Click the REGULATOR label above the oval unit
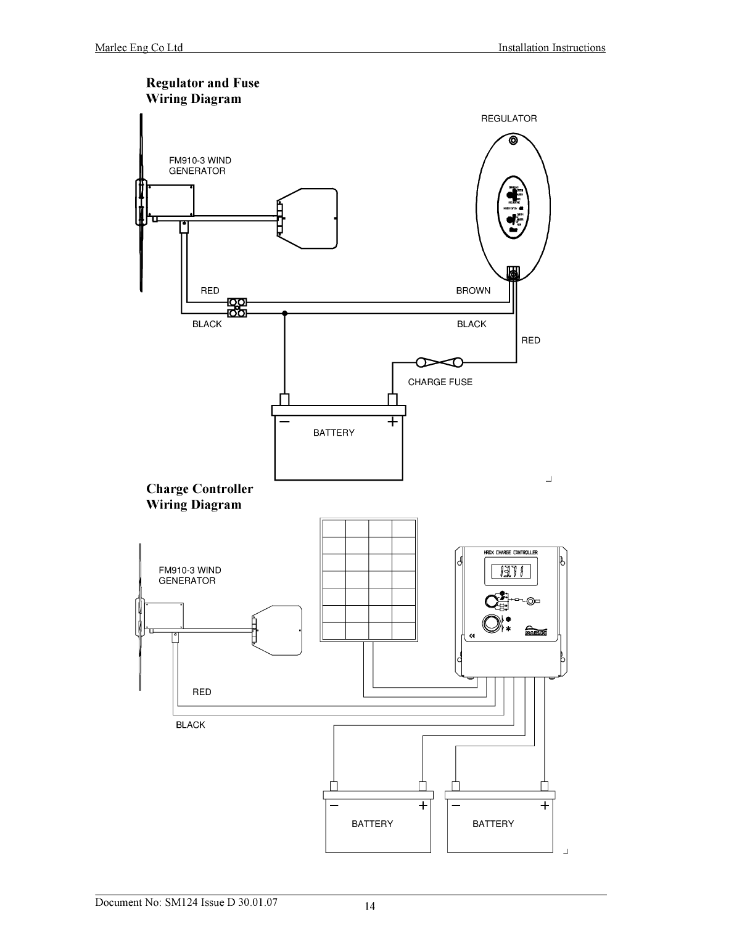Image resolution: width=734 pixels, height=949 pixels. (x=508, y=118)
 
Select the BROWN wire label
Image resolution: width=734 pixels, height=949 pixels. (x=473, y=291)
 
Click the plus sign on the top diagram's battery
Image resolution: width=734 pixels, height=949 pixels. (x=392, y=422)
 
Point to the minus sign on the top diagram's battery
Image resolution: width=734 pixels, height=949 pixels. (x=284, y=422)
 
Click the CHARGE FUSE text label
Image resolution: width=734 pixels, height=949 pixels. (x=440, y=382)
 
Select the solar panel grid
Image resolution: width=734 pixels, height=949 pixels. (x=368, y=580)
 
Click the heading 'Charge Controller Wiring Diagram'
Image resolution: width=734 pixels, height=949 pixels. (x=199, y=497)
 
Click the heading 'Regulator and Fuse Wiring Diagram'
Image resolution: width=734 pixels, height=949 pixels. (x=202, y=91)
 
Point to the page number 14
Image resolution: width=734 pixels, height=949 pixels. (x=369, y=906)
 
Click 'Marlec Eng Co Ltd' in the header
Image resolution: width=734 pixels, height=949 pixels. (x=139, y=48)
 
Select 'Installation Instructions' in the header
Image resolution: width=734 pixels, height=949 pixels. (x=551, y=48)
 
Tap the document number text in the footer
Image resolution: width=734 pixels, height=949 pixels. (x=186, y=902)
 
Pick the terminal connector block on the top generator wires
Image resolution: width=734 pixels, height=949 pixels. (x=237, y=308)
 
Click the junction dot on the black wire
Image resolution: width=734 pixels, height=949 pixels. (x=284, y=314)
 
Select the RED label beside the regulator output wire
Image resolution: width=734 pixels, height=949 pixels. (x=530, y=340)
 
